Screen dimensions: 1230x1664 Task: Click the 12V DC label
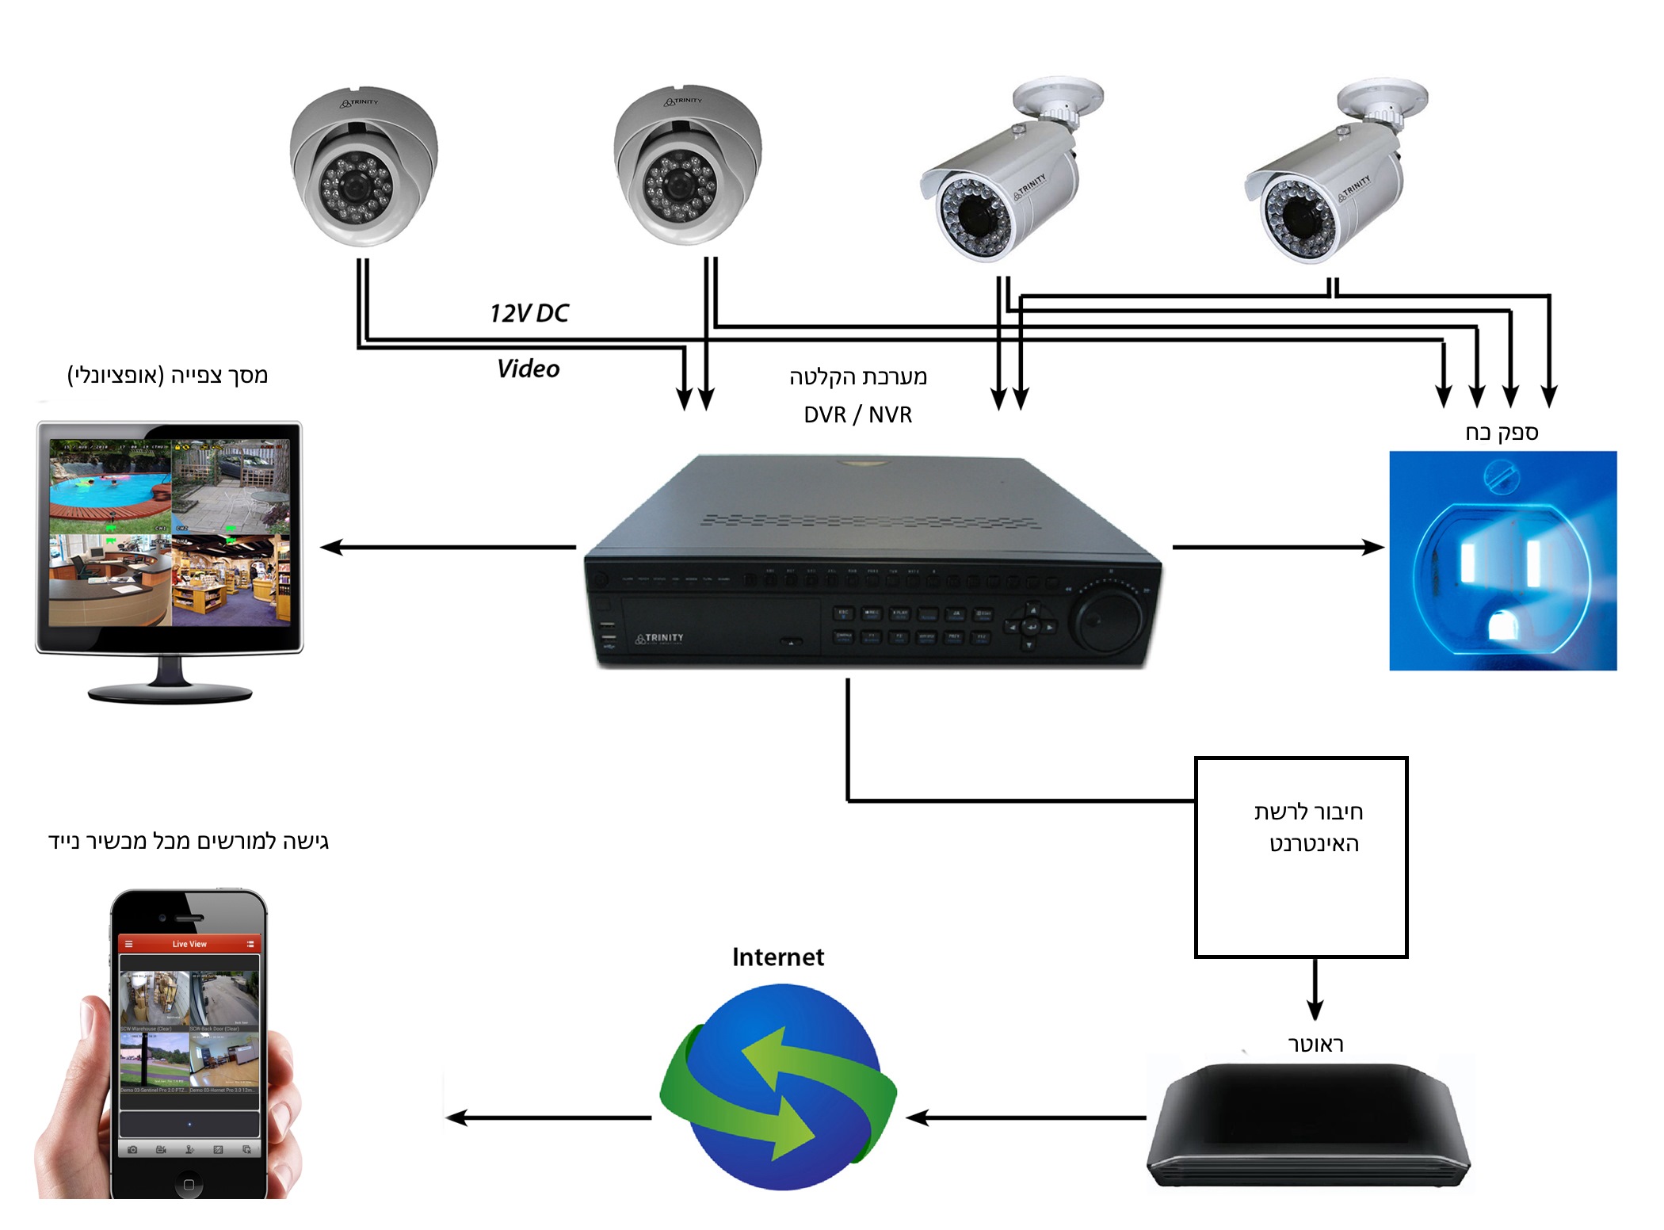(x=529, y=313)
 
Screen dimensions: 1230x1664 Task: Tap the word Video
(x=528, y=369)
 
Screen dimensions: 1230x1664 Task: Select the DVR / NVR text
(x=857, y=414)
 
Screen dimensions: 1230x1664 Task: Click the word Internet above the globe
(x=777, y=957)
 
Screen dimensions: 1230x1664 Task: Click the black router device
(x=1307, y=1125)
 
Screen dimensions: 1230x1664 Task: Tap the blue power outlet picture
(x=1502, y=560)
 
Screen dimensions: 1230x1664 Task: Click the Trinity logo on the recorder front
(x=659, y=638)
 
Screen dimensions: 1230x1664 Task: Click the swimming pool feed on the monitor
(x=110, y=484)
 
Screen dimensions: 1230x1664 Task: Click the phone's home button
(x=189, y=1185)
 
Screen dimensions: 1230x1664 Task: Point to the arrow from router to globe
(x=1025, y=1117)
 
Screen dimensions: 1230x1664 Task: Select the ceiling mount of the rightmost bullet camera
(x=1382, y=99)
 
